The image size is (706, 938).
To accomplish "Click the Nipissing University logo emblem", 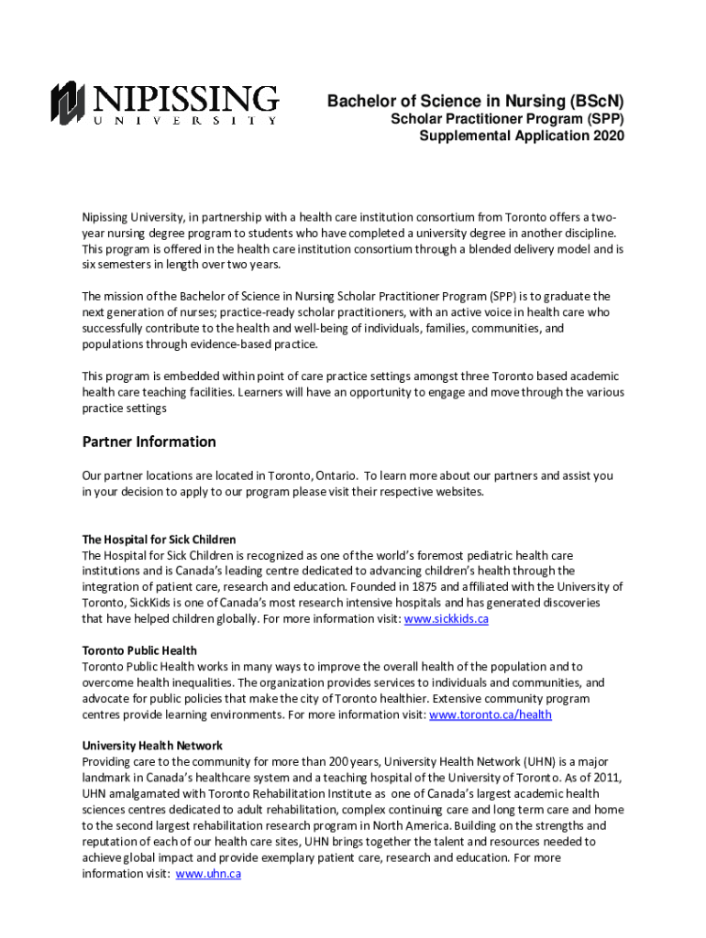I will click(68, 102).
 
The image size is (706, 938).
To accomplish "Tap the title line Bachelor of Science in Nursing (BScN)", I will click(476, 102).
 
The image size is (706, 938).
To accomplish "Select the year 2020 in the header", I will click(608, 136).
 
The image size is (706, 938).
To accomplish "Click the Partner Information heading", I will click(149, 442).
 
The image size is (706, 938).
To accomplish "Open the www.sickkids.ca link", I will click(447, 619).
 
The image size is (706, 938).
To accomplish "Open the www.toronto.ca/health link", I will click(491, 714).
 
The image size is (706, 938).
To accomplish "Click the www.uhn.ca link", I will click(208, 874).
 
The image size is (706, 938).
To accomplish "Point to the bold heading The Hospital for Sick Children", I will click(160, 540).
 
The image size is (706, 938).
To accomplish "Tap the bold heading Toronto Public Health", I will click(139, 650).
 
